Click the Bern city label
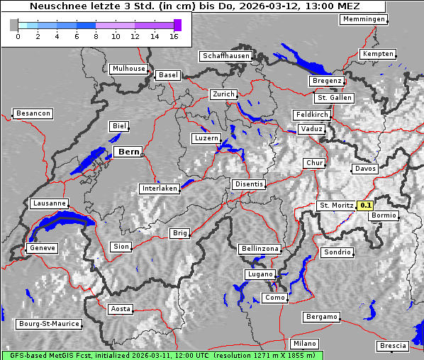tap(128, 152)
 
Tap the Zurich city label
tap(223, 94)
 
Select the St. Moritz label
tap(335, 206)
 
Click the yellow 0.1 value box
tap(365, 206)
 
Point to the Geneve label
tap(42, 248)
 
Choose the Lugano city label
tap(260, 274)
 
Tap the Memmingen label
tap(363, 19)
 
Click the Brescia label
tap(393, 346)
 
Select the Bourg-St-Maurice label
tap(49, 325)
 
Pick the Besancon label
tap(33, 113)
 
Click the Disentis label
tap(248, 184)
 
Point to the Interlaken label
tap(159, 189)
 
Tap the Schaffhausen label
tap(226, 55)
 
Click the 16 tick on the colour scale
tap(174, 36)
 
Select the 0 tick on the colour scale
tap(18, 36)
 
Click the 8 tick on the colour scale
tap(96, 36)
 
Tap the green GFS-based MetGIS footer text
tap(162, 355)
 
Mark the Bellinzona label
tap(260, 249)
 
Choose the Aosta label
tap(121, 309)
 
